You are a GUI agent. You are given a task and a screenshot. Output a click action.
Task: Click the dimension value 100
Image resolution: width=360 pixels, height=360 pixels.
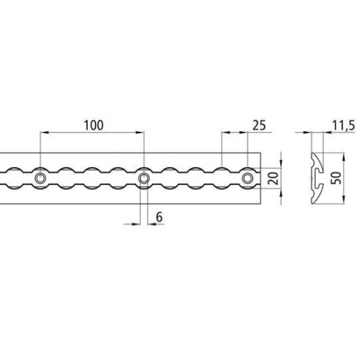tap(93, 125)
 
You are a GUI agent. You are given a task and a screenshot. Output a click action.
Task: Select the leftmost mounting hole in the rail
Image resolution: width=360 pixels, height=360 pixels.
tap(40, 178)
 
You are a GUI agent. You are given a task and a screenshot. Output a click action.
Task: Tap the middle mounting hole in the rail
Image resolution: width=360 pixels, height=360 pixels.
tap(144, 178)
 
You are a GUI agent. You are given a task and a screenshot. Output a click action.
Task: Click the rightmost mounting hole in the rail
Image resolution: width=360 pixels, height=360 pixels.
tap(248, 178)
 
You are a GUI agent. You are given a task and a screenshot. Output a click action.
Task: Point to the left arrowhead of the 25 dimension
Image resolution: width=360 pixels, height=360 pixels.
tap(225, 133)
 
